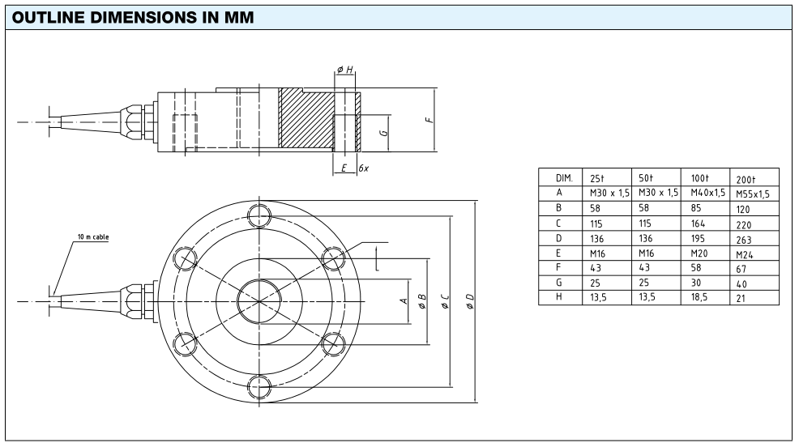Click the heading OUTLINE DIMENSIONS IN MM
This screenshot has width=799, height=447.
click(132, 17)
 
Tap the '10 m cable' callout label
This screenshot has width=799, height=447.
click(93, 236)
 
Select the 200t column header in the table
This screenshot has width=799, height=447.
click(746, 179)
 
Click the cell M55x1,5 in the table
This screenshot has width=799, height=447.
click(753, 194)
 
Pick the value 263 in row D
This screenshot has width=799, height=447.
click(743, 240)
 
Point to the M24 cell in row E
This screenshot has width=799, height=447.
click(744, 254)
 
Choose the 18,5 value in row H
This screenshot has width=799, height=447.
click(699, 297)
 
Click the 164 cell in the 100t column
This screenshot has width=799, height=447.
click(698, 223)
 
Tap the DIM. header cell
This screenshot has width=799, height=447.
click(564, 178)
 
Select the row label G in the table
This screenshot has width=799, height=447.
click(558, 282)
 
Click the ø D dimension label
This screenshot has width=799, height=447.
click(470, 301)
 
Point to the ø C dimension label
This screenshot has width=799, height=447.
click(445, 301)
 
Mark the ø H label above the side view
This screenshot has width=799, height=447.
click(345, 70)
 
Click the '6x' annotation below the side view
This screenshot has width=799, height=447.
click(363, 168)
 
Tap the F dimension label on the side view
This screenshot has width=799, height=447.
click(429, 120)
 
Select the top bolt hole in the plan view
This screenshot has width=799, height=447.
click(259, 215)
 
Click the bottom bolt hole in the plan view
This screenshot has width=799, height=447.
click(259, 387)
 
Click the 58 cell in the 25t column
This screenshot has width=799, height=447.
click(595, 208)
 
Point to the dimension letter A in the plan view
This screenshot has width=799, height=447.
click(404, 301)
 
